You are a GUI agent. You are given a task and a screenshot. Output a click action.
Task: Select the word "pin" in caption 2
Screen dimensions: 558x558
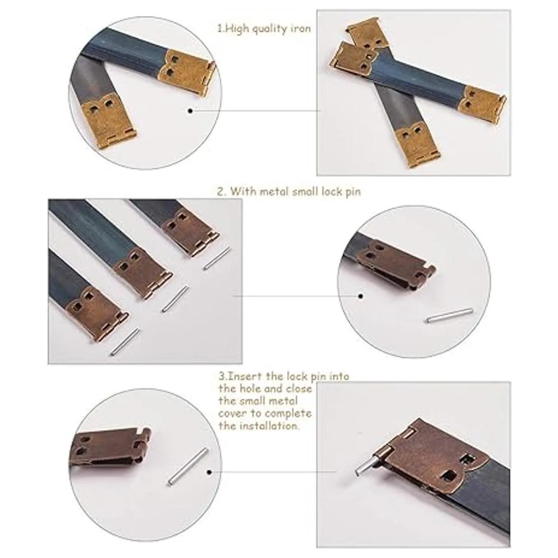click(353, 192)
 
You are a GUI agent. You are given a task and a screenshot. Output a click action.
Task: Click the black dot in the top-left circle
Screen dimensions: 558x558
click(190, 111)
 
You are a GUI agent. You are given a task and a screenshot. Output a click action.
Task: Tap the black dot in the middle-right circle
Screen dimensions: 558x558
click(361, 296)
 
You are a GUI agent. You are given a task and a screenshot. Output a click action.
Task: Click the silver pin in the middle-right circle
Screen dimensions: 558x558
click(449, 315)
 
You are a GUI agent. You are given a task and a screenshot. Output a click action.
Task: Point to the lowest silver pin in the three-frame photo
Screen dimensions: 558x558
click(125, 342)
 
